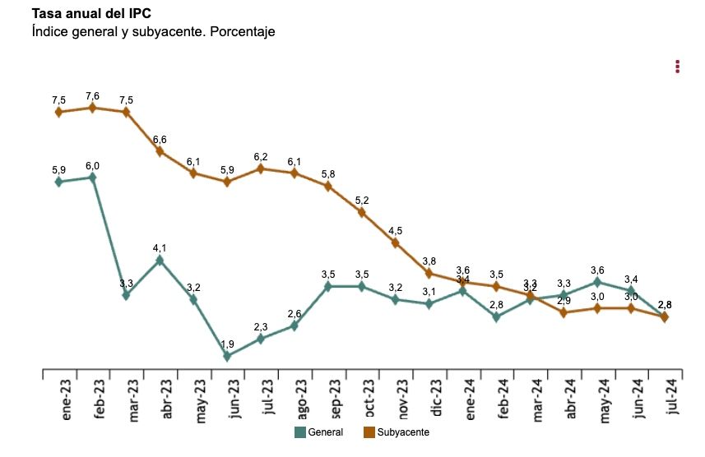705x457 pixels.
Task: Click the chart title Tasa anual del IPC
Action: [x=91, y=14]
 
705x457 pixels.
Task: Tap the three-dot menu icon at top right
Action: [x=677, y=67]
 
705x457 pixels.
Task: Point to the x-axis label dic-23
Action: [x=437, y=399]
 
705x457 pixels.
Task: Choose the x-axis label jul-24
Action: [x=673, y=398]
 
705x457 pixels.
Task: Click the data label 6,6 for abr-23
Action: [x=160, y=140]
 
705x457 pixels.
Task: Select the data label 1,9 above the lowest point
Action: [x=227, y=344]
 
